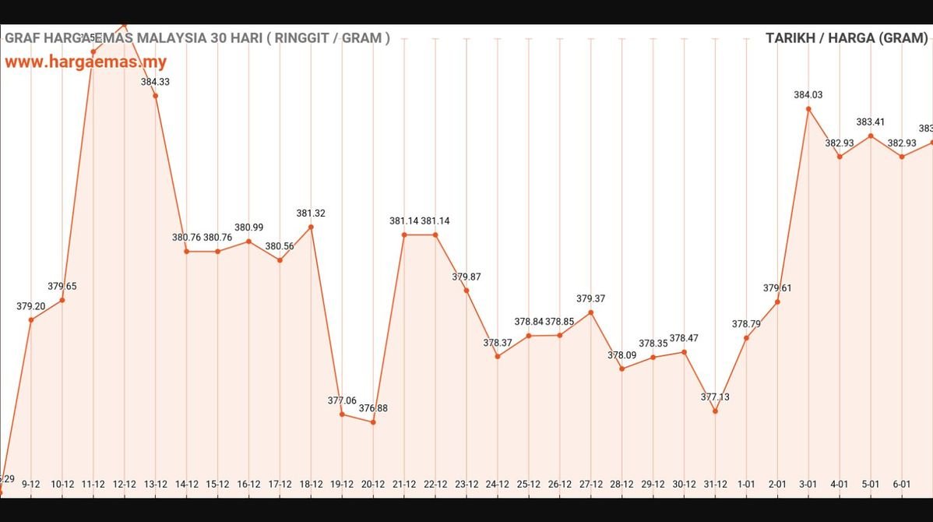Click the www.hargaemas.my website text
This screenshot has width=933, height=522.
coord(86,62)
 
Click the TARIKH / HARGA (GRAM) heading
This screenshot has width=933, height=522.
coord(847,38)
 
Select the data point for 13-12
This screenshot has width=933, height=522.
coord(156,96)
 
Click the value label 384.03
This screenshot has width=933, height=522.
coord(808,95)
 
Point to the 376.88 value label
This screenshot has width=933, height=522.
coord(373,408)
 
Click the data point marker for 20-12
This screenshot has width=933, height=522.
coord(373,422)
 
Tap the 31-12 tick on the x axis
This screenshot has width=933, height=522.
coord(715,484)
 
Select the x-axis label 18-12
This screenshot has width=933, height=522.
coord(311,484)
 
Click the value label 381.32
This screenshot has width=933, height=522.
coord(311,213)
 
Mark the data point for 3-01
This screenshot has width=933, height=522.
coord(808,109)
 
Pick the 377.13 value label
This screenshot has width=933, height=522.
coord(715,397)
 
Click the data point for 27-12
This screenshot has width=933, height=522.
coord(591,312)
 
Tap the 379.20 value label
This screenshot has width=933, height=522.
coord(31,306)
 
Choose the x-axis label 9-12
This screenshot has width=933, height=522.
coord(31,484)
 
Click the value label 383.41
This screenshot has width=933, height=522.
coord(871,122)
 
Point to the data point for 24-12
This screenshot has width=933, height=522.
coord(498,356)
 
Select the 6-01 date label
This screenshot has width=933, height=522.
coord(902,484)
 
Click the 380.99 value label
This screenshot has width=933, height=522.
coord(248,227)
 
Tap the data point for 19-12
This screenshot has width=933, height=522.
coord(342,414)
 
